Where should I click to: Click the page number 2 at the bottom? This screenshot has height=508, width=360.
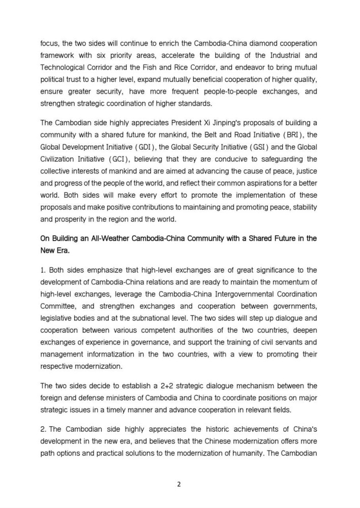pos(179,484)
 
